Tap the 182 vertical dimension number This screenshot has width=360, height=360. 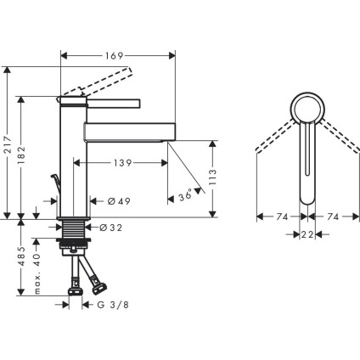click(23, 155)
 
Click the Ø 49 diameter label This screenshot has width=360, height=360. click(119, 201)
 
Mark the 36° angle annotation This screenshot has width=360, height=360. click(186, 196)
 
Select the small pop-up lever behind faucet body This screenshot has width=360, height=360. click(55, 184)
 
